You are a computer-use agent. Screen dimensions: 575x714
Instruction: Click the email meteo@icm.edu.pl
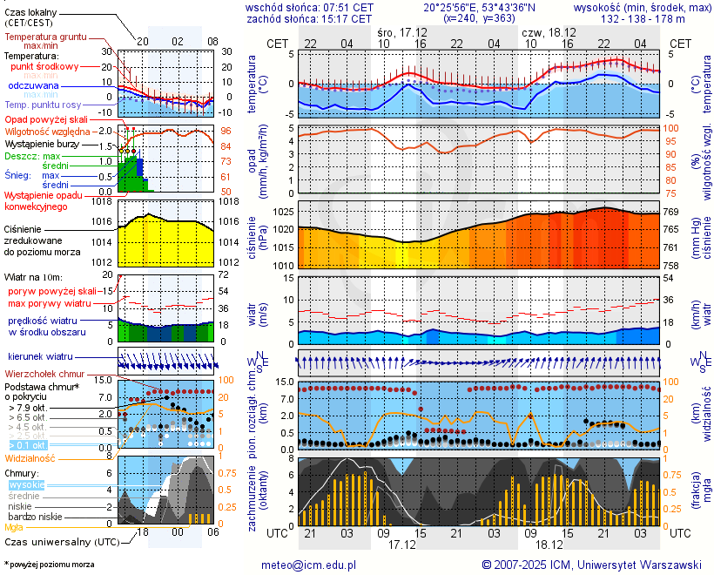point(309,565)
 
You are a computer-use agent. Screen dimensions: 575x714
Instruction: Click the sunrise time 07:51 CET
point(347,7)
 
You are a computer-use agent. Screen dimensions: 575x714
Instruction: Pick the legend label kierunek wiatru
point(40,357)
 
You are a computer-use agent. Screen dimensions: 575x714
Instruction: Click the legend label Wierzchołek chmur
point(44,374)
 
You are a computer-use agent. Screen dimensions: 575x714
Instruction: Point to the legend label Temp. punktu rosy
point(54,105)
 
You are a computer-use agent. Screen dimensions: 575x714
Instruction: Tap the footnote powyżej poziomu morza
point(51,565)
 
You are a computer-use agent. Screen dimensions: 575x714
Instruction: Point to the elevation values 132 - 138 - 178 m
point(643,18)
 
